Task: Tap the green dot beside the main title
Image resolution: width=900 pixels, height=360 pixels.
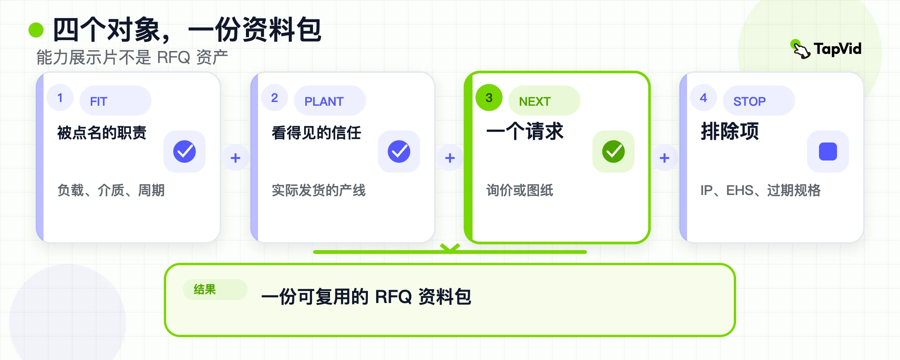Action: pyautogui.click(x=36, y=30)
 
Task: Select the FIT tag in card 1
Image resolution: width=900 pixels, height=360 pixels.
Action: pyautogui.click(x=115, y=100)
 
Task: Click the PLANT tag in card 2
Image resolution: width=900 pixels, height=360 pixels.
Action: pyautogui.click(x=330, y=100)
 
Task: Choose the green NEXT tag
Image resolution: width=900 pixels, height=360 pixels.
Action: pyautogui.click(x=544, y=100)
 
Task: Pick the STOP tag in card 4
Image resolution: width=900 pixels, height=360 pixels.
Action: pyautogui.click(x=759, y=100)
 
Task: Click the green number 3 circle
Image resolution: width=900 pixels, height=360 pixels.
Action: pyautogui.click(x=489, y=97)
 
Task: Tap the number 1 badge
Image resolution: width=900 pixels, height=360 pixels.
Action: pyautogui.click(x=60, y=97)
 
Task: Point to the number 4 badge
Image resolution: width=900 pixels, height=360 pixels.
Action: pyautogui.click(x=703, y=97)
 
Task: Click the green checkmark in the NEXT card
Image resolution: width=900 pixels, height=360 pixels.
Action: pyautogui.click(x=613, y=151)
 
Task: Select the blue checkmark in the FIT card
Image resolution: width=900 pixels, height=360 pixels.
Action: pyautogui.click(x=184, y=151)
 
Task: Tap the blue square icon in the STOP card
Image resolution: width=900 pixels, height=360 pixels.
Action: pyautogui.click(x=828, y=151)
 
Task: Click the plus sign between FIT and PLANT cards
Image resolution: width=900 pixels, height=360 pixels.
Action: pyautogui.click(x=235, y=158)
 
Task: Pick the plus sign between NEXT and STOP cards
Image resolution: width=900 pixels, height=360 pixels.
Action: pyautogui.click(x=664, y=158)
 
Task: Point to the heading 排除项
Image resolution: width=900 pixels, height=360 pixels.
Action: pyautogui.click(x=730, y=132)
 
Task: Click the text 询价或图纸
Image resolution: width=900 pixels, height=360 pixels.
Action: pyautogui.click(x=520, y=190)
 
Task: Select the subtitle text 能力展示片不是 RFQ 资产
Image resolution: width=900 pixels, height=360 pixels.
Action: pyautogui.click(x=132, y=57)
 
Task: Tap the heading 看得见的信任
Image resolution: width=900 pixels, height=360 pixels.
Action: pyautogui.click(x=316, y=133)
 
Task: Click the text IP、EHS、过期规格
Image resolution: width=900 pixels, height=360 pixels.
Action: pyautogui.click(x=760, y=190)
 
